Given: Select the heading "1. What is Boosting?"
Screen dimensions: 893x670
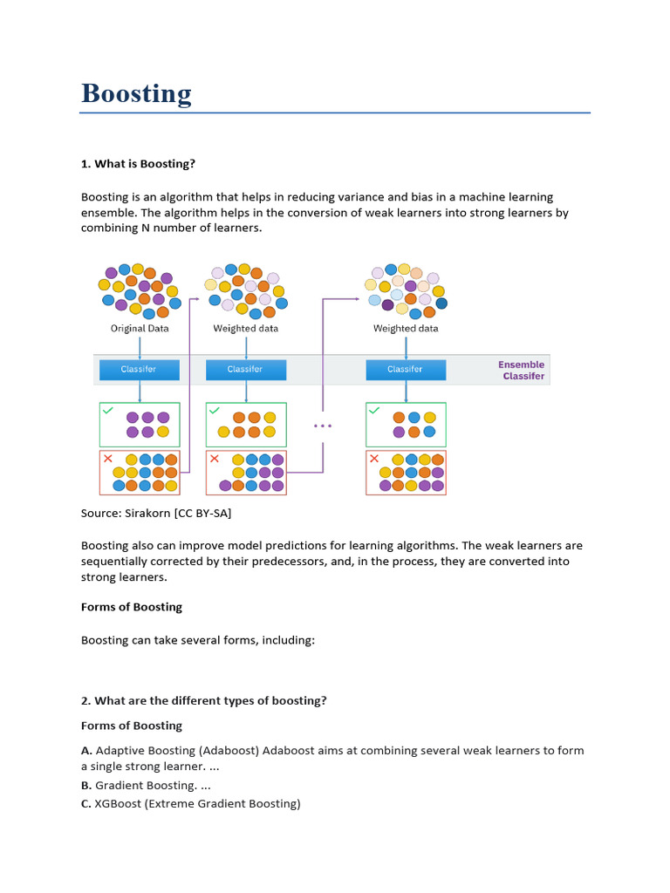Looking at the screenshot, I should (x=139, y=164).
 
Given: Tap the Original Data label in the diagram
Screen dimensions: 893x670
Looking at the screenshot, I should (x=140, y=329).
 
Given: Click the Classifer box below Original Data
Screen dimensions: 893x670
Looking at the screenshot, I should (x=139, y=369).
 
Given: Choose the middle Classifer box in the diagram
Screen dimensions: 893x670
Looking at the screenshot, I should (x=245, y=369).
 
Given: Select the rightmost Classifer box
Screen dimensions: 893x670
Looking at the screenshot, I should (x=405, y=369).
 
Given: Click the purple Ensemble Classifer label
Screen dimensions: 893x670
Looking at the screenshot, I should (x=522, y=371).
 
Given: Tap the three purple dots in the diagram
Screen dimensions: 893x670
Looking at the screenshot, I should (x=323, y=426).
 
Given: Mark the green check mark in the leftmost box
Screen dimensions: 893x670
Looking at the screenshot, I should (x=107, y=409).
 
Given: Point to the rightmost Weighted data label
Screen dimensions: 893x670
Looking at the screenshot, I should (x=406, y=329).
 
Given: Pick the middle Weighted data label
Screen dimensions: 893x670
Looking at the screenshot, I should (x=246, y=329).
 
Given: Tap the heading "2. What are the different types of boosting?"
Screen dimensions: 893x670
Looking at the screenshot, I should (x=204, y=700).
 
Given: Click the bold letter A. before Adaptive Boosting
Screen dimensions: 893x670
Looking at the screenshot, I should (x=86, y=750).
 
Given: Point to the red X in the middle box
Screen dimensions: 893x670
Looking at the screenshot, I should (x=214, y=458).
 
